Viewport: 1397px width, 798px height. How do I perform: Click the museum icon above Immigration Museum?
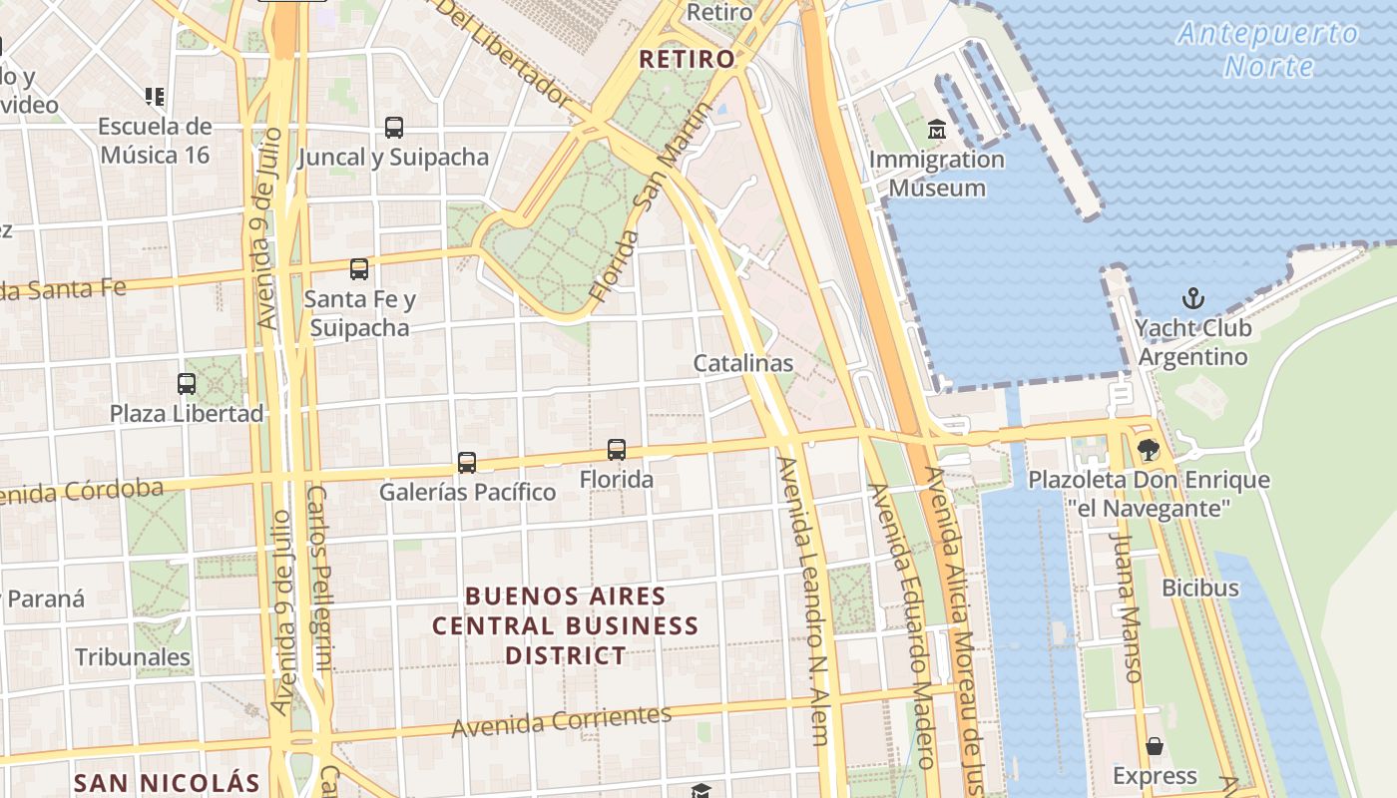click(937, 130)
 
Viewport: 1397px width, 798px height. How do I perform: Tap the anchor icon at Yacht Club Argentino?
click(1192, 298)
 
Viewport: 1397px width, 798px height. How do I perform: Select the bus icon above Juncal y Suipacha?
click(394, 128)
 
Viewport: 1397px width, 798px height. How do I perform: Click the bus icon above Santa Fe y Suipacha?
click(359, 269)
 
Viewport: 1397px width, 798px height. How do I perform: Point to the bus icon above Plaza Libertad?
click(187, 384)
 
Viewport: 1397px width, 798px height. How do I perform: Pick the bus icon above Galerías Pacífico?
click(467, 463)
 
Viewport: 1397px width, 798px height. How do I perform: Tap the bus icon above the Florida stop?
click(617, 450)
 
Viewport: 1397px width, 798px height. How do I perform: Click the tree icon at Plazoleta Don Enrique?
click(1149, 450)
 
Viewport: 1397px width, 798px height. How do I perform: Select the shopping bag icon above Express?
click(1155, 746)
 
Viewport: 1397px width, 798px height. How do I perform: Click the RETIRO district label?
click(687, 59)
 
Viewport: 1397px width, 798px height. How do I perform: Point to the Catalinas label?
click(743, 363)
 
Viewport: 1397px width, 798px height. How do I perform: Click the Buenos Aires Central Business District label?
click(566, 625)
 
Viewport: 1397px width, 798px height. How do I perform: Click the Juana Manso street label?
click(1125, 605)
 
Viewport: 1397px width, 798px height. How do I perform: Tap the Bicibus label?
click(1200, 588)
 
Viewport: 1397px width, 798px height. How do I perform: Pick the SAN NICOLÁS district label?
click(167, 783)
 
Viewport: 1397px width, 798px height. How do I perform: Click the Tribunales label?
click(133, 656)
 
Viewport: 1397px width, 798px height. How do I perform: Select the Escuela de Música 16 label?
click(155, 141)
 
